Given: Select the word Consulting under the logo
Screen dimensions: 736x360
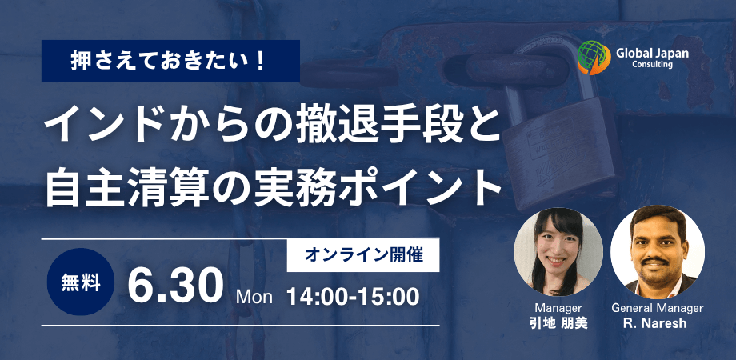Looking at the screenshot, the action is pyautogui.click(x=652, y=64).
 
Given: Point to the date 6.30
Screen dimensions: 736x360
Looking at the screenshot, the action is pyautogui.click(x=175, y=286).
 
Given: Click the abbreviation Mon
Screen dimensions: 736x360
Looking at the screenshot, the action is pyautogui.click(x=254, y=297).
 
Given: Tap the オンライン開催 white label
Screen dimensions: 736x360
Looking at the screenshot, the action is pyautogui.click(x=363, y=255).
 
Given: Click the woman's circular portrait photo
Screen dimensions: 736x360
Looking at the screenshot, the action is pyautogui.click(x=558, y=252).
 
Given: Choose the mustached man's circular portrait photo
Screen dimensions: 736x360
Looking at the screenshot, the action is pyautogui.click(x=657, y=252).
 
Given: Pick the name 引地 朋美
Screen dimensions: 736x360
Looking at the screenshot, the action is pyautogui.click(x=558, y=324).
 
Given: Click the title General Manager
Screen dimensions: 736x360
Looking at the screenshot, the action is pyautogui.click(x=657, y=308).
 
